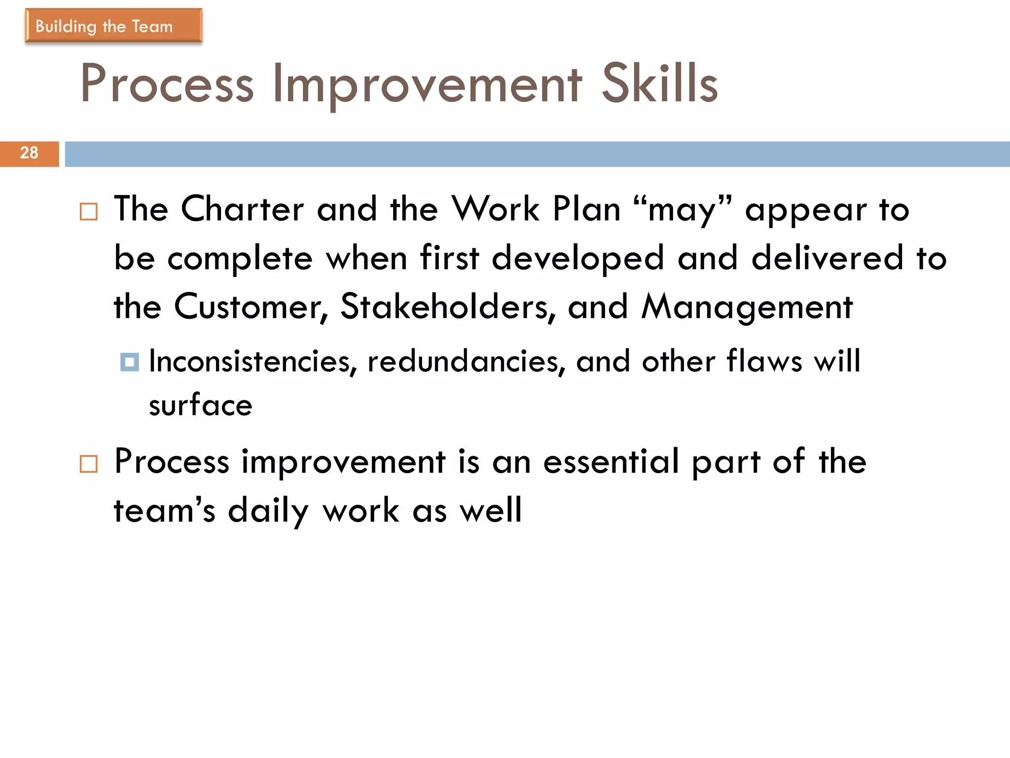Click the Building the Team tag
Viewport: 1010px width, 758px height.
[113, 26]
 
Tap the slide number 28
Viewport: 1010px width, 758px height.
[29, 153]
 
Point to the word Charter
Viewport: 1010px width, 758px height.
[242, 209]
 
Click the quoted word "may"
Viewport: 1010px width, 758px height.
[683, 209]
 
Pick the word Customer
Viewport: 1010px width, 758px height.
[251, 307]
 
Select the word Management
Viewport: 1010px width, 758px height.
[747, 307]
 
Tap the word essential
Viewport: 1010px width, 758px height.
[611, 462]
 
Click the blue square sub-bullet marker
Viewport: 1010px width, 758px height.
[130, 362]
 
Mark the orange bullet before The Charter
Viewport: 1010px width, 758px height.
[89, 212]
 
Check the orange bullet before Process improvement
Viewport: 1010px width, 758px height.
[89, 464]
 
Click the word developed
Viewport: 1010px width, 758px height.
[578, 259]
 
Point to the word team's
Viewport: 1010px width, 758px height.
[165, 511]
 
